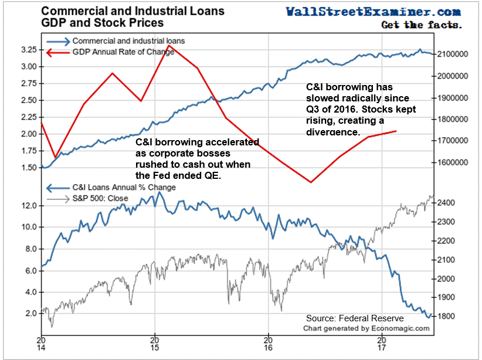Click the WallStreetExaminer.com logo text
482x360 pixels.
[373, 11]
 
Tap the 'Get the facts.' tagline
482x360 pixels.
[421, 25]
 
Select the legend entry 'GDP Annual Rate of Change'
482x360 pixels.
[123, 52]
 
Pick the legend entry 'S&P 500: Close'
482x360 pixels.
[96, 199]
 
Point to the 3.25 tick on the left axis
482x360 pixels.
[28, 49]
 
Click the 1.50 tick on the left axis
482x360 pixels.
[28, 168]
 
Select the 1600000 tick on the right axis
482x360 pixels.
[451, 162]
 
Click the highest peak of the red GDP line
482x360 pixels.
[169, 45]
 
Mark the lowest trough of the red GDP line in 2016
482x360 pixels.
[311, 182]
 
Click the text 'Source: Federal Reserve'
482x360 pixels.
[354, 318]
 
